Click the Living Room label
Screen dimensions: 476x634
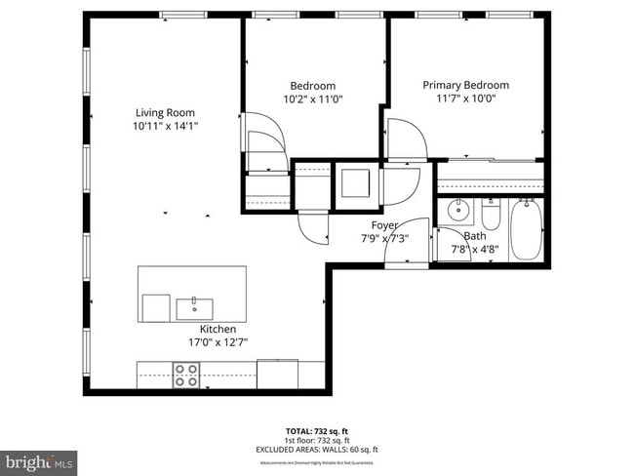(165, 112)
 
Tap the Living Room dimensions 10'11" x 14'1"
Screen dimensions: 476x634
(165, 126)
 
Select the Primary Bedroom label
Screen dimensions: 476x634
(465, 85)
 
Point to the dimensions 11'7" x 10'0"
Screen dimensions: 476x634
(465, 99)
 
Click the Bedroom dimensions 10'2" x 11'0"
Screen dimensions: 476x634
(312, 99)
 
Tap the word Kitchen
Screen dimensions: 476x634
(218, 329)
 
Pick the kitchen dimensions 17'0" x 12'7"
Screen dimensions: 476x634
(218, 342)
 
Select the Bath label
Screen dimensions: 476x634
(475, 236)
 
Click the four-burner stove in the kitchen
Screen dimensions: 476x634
(186, 375)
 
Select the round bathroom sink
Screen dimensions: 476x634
(457, 210)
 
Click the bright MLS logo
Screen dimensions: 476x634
(39, 460)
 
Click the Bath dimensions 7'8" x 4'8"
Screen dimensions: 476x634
(475, 250)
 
